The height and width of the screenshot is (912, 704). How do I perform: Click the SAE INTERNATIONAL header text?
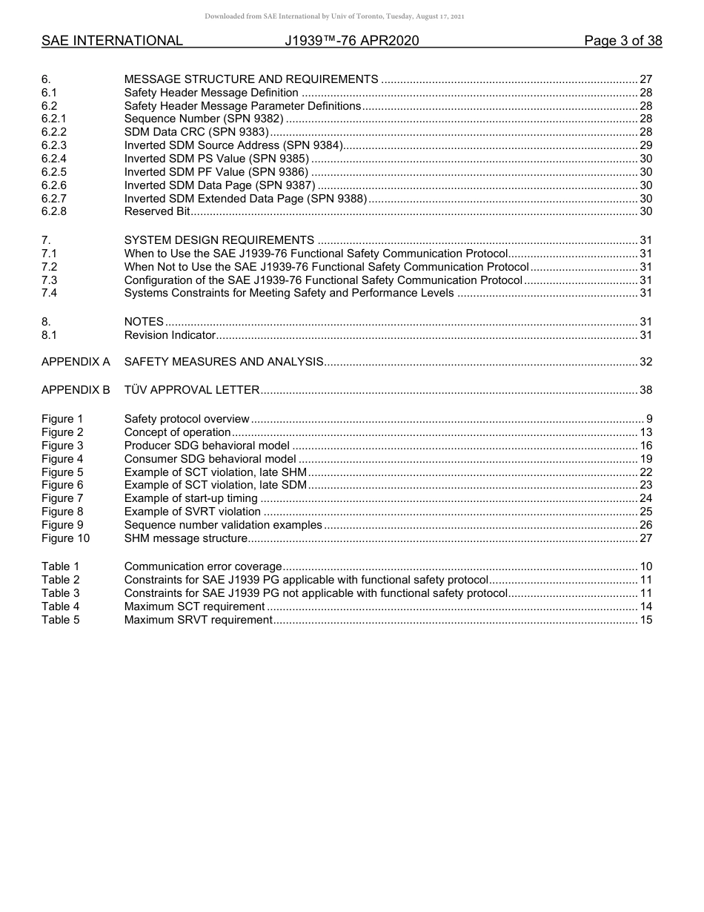pos(112,41)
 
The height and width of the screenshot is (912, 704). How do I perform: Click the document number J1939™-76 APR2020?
pos(352,41)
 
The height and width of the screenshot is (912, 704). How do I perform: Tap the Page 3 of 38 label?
pos(622,41)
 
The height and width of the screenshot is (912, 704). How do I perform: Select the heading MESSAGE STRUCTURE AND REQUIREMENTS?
pos(251,79)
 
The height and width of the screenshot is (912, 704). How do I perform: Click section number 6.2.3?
pos(54,145)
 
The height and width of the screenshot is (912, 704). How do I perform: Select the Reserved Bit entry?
pos(157,212)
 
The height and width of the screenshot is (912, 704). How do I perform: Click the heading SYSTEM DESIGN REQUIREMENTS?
pos(219,240)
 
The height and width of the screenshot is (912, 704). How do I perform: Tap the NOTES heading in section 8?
pos(144,322)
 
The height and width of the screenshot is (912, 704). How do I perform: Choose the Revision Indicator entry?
pos(170,335)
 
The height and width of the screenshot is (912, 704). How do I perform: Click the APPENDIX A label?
pos(76,362)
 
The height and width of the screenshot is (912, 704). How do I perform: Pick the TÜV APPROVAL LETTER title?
pos(192,390)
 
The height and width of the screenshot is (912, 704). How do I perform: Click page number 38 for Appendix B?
pos(645,390)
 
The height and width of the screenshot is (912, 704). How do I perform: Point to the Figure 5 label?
pos(62,472)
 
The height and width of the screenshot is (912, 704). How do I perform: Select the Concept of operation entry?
pos(178,432)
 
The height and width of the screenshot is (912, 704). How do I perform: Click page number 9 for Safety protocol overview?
pos(648,419)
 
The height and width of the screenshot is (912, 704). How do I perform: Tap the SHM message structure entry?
pos(186,538)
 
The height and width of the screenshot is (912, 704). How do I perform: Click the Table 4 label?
pos(60,607)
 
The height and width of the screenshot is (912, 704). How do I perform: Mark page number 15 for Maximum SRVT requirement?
pos(645,620)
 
